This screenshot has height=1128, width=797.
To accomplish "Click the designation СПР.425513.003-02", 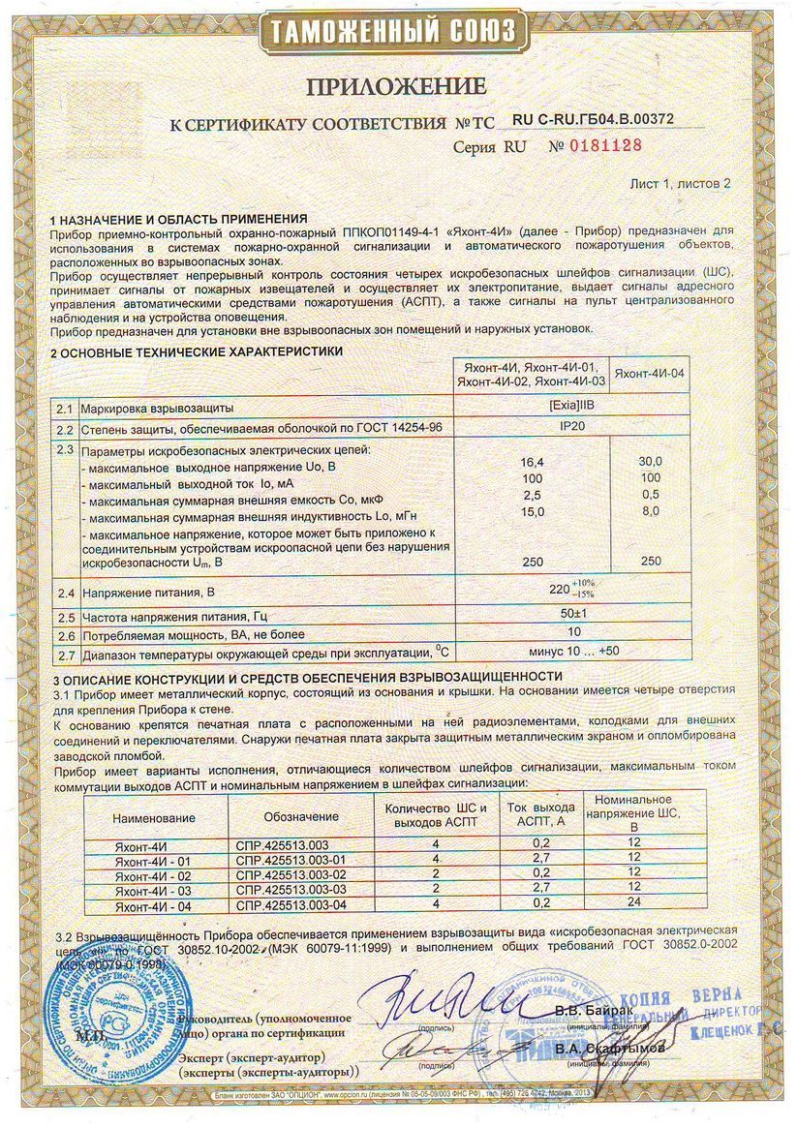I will [x=291, y=874].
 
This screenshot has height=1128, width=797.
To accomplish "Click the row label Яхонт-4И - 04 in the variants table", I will [x=154, y=903].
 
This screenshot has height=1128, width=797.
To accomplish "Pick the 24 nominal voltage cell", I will [x=634, y=903].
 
